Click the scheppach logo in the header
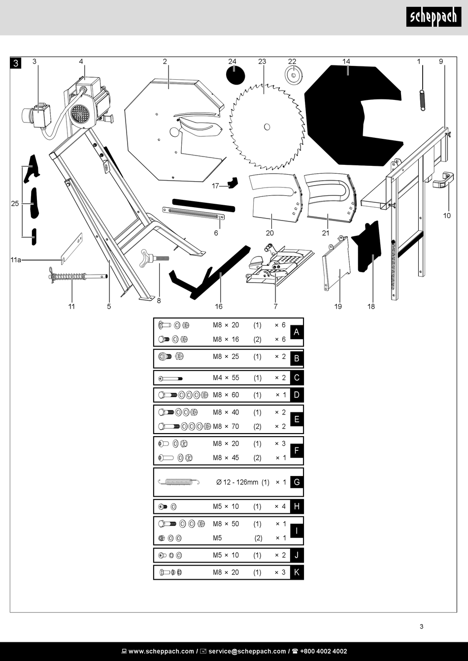(434, 18)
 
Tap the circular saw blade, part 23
(266, 127)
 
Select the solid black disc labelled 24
(235, 75)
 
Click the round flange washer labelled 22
(293, 75)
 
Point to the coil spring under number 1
(422, 100)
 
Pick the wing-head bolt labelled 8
(154, 258)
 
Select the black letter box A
(297, 332)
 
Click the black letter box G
(297, 482)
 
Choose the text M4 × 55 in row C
(226, 378)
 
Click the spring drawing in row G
(178, 482)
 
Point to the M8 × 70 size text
(226, 426)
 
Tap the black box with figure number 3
(16, 63)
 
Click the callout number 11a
(16, 260)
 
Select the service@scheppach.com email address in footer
(247, 651)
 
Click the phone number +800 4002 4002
(323, 651)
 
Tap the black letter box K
(297, 572)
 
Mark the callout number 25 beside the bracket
(15, 203)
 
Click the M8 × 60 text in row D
(226, 395)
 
